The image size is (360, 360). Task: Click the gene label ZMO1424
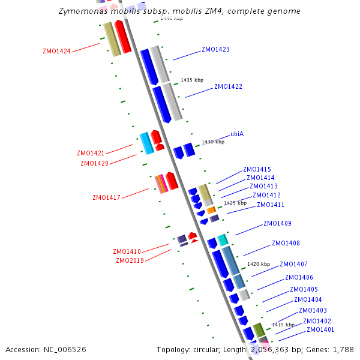click(x=56, y=51)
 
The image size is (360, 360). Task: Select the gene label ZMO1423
click(x=215, y=49)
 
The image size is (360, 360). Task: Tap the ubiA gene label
click(x=237, y=134)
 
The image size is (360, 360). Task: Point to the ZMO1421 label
click(x=91, y=153)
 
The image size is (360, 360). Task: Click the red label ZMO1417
click(x=106, y=197)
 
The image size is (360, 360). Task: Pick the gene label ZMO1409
click(x=277, y=224)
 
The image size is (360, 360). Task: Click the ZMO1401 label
click(x=320, y=329)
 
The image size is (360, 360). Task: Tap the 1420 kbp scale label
click(x=259, y=264)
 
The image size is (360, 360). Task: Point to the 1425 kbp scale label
click(x=235, y=203)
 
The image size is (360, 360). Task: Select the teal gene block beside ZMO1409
click(x=223, y=240)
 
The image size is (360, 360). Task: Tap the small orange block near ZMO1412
click(x=211, y=210)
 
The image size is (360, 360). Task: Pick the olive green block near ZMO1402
click(x=259, y=330)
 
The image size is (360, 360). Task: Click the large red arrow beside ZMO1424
click(x=122, y=36)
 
